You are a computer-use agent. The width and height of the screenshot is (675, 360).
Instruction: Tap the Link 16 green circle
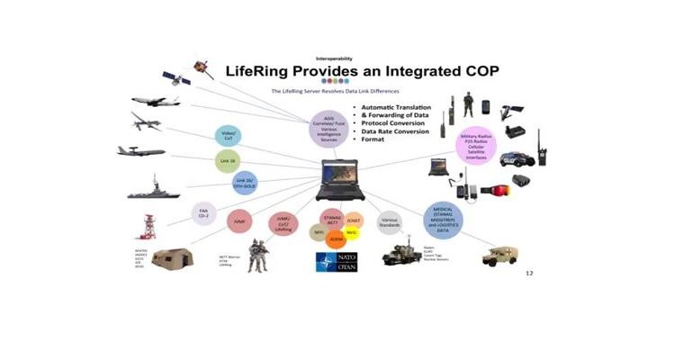pyautogui.click(x=229, y=159)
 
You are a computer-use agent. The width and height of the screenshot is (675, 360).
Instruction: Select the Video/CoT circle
pyautogui.click(x=229, y=137)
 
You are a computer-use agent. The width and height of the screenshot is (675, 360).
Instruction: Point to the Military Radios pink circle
pyautogui.click(x=474, y=147)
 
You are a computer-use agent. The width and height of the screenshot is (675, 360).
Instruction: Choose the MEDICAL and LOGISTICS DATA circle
pyautogui.click(x=443, y=220)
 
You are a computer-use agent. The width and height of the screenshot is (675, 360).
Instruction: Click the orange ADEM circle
pyautogui.click(x=337, y=240)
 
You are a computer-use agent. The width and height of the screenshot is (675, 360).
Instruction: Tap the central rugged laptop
pyautogui.click(x=337, y=178)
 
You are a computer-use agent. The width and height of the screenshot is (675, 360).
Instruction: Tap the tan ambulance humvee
pyautogui.click(x=499, y=256)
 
